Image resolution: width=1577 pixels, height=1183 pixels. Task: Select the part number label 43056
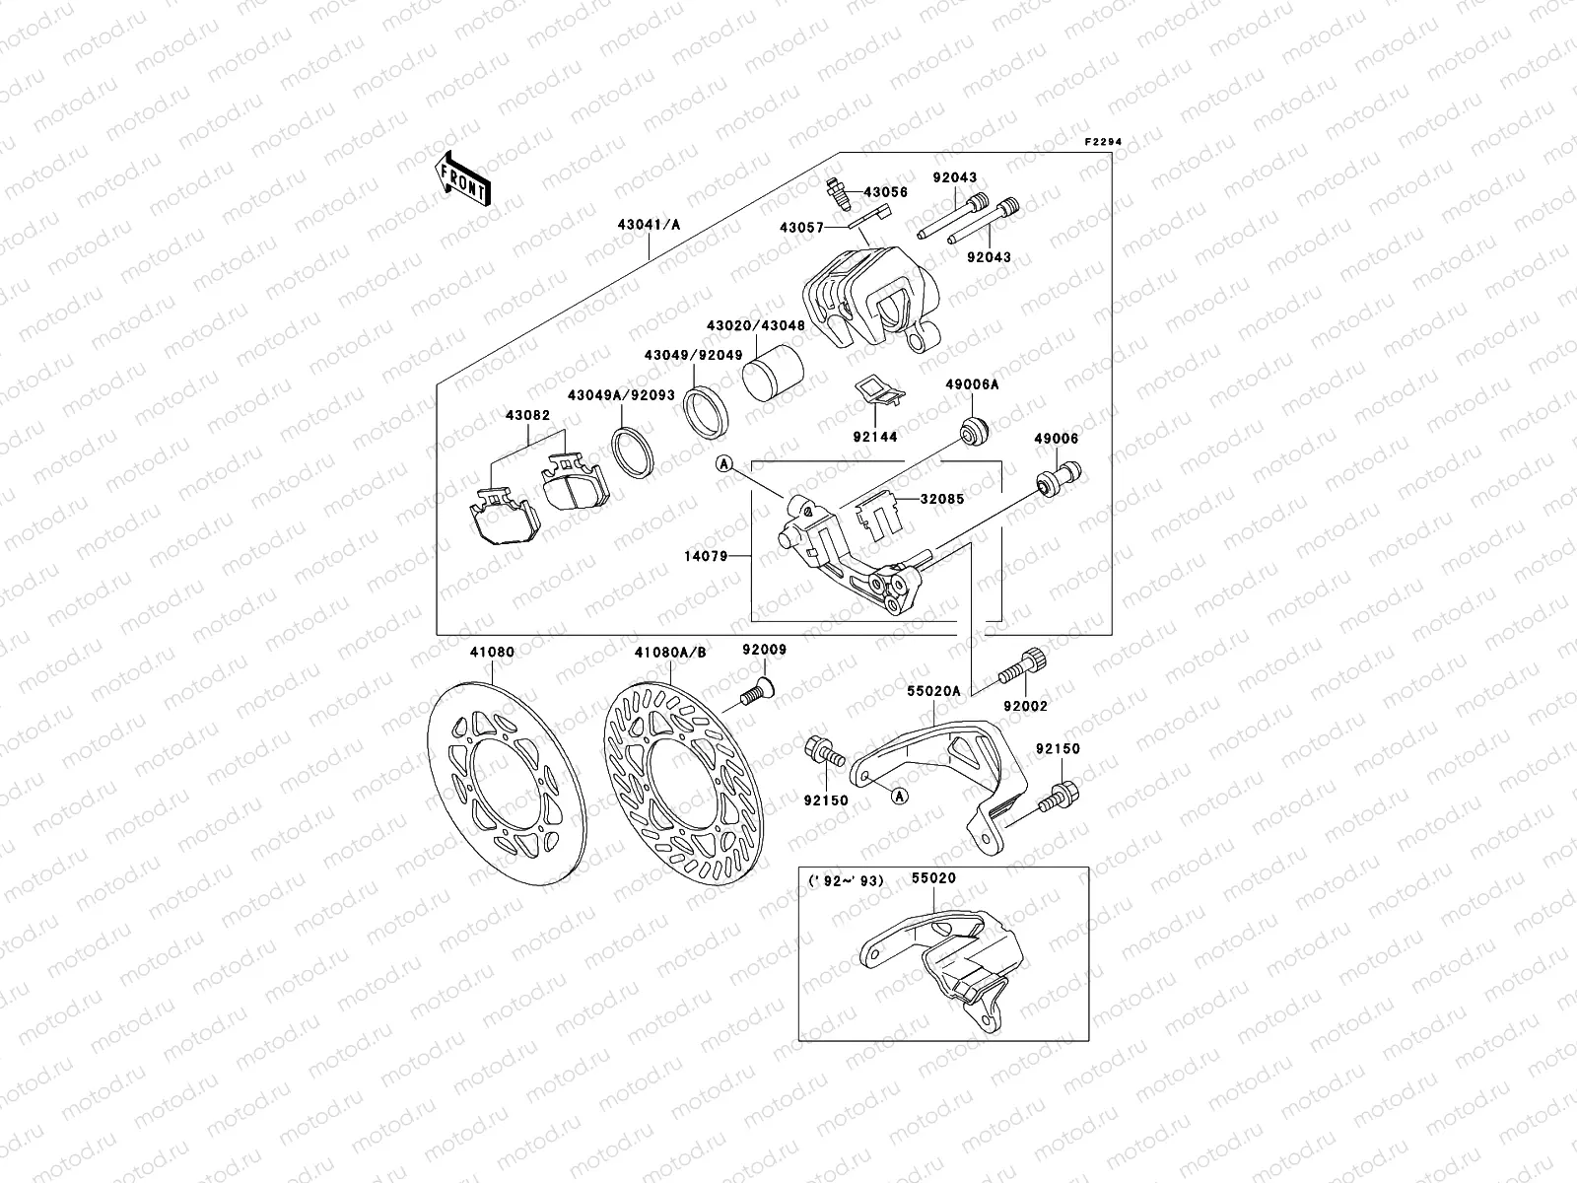point(885,192)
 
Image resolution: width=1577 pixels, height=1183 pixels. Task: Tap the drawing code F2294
point(1104,142)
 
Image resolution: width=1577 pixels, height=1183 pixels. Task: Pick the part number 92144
point(874,436)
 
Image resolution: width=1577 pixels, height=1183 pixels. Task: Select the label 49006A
point(972,385)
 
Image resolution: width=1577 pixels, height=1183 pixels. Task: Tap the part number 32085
point(942,500)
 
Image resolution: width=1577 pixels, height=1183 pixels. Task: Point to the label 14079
point(707,557)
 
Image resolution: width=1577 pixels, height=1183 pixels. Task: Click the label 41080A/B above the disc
point(670,652)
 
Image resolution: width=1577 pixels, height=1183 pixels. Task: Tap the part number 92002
point(1026,706)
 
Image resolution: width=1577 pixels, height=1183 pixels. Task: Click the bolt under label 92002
point(1021,668)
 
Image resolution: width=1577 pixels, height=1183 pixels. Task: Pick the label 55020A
point(933,691)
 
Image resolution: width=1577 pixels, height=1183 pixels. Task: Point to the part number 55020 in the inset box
point(932,877)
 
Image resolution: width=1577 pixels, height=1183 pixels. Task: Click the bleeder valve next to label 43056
point(837,192)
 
